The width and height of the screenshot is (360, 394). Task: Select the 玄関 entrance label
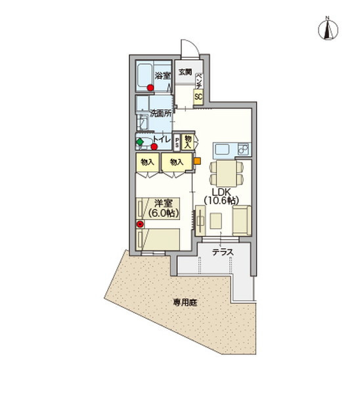pyautogui.click(x=185, y=72)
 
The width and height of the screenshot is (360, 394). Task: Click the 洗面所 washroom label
pyautogui.click(x=160, y=114)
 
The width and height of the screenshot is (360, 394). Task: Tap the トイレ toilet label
pyautogui.click(x=162, y=139)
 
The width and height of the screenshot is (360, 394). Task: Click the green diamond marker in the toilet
pyautogui.click(x=139, y=141)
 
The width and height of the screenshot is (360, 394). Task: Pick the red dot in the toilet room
pyautogui.click(x=154, y=146)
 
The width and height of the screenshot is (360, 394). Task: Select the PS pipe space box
pyautogui.click(x=177, y=142)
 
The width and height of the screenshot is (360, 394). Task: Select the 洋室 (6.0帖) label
pyautogui.click(x=160, y=209)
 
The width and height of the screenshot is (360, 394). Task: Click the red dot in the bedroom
pyautogui.click(x=139, y=224)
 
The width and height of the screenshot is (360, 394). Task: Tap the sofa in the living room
pyautogui.click(x=241, y=220)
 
